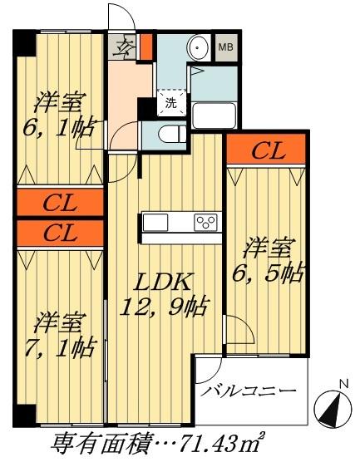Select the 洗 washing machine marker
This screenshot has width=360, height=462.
click(170, 103)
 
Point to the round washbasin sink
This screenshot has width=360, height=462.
click(198, 48)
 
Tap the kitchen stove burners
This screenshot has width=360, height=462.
click(205, 222)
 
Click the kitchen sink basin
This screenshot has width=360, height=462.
click(156, 223)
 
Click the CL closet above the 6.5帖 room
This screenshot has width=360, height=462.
click(268, 151)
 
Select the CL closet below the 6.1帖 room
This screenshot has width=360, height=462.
click(61, 204)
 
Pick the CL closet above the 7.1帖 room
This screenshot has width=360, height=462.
click(61, 233)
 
